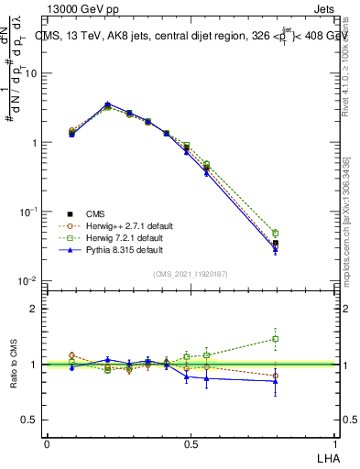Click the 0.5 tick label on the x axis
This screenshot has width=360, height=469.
tap(191, 443)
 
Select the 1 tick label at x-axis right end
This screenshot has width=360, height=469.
tap(335, 443)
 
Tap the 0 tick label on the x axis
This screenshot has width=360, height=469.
tap(47, 443)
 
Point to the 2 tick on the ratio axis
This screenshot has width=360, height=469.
tap(34, 309)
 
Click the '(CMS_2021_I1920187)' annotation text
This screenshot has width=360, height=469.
tap(191, 274)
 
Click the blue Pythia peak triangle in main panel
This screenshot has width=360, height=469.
tap(108, 104)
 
